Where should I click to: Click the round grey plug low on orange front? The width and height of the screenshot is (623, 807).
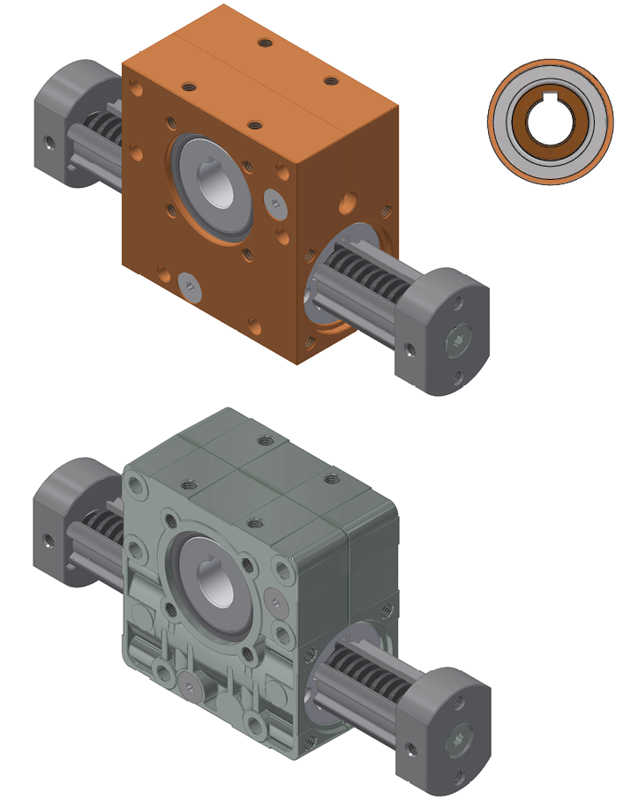coord(191,283)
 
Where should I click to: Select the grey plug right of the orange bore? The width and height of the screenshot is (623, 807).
coord(275,204)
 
